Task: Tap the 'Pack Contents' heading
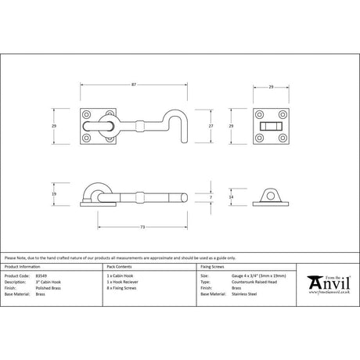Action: point(118,268)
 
